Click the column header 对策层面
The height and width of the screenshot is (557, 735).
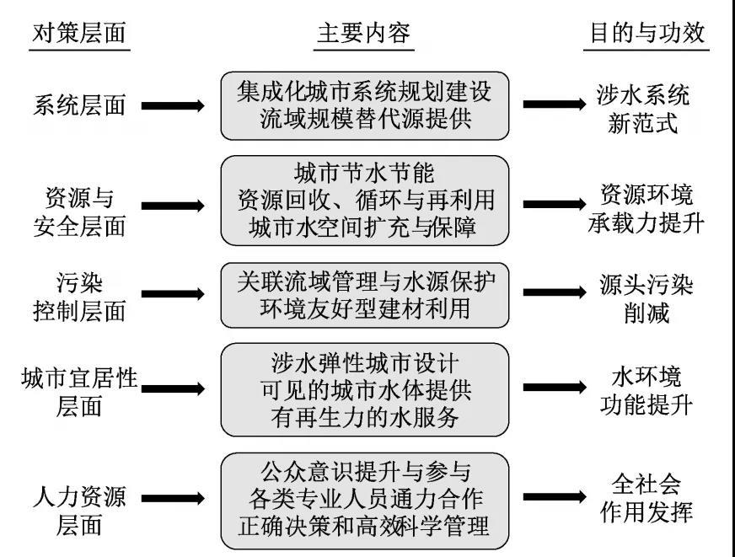(x=79, y=33)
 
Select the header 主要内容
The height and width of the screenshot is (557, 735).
(x=364, y=33)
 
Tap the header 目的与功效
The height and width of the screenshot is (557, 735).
(x=646, y=33)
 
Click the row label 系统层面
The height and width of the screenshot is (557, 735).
(x=79, y=105)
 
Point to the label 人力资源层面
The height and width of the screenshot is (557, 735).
(x=79, y=511)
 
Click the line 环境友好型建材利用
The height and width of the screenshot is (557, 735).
(x=364, y=308)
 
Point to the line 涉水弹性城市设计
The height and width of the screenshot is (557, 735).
(x=364, y=364)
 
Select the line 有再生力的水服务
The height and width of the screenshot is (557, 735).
(x=364, y=417)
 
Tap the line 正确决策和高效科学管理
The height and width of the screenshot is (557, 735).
(x=364, y=526)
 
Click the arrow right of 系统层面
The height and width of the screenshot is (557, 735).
(x=173, y=105)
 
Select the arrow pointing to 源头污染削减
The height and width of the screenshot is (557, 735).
(x=554, y=294)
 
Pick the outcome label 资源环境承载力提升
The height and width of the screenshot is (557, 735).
(x=646, y=209)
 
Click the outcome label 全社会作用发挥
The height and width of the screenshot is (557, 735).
(x=646, y=498)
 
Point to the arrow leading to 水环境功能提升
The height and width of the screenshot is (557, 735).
(x=554, y=390)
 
